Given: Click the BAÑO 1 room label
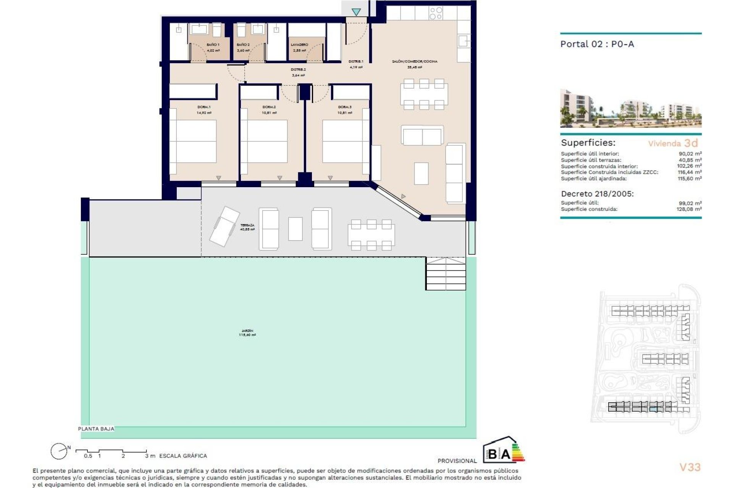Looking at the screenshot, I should point(213,45).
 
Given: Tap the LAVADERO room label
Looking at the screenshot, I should point(299,45).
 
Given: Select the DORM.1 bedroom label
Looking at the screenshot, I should point(204,107).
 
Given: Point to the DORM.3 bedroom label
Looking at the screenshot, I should point(344,107).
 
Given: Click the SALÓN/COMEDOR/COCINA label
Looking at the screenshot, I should point(415,61).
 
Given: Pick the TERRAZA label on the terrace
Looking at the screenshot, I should point(247,226).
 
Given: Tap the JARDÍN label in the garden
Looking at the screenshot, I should point(247,331).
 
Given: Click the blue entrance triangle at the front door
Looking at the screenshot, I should point(356,12).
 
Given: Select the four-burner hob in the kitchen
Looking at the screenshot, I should point(436,13).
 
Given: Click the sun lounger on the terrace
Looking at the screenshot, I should point(224,226).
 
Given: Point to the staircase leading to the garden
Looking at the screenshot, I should point(446,274).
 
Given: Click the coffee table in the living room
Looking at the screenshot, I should point(421,173).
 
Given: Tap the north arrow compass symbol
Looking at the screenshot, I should point(59,451).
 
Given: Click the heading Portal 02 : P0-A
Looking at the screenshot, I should point(597,44).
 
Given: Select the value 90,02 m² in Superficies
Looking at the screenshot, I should point(690,154).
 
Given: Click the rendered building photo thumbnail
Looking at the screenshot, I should point(630,108).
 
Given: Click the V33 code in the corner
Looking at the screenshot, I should point(690,467).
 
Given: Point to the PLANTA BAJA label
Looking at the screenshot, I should point(96,429).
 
